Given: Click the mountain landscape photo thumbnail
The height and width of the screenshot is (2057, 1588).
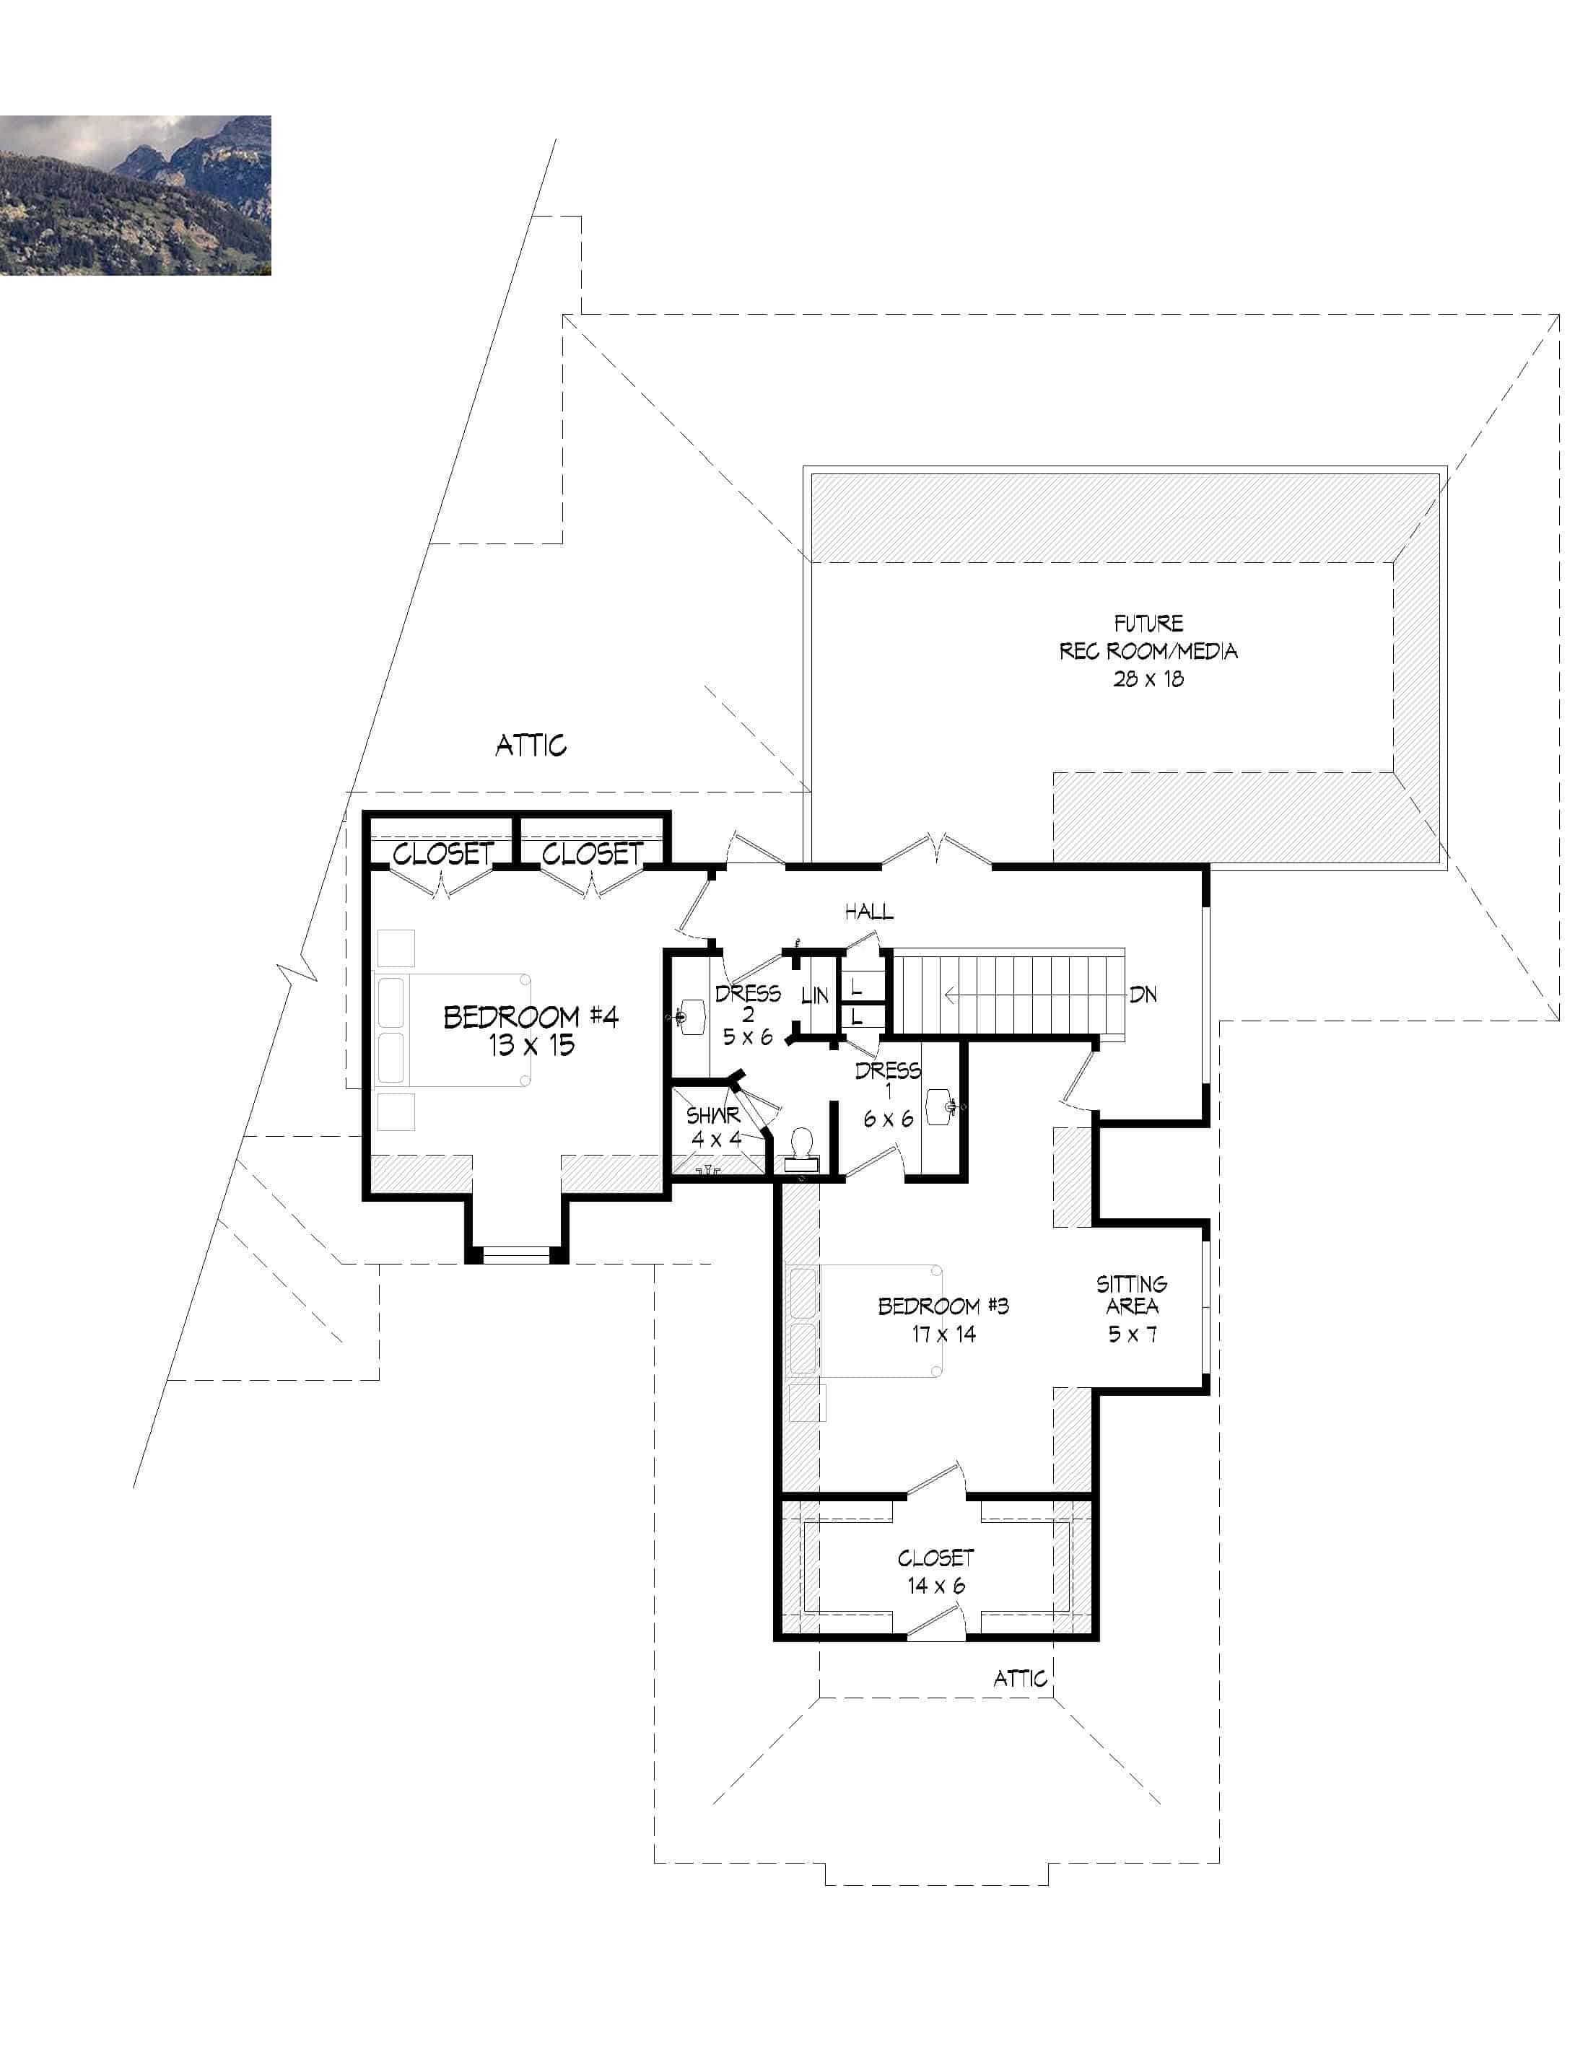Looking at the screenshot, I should pos(135,195).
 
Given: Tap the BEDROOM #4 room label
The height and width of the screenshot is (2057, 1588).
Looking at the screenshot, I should pos(531,1017).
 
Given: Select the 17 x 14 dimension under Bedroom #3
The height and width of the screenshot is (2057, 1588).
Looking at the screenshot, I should pos(943,1334).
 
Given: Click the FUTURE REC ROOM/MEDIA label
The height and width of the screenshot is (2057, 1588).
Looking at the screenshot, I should pos(1147,650).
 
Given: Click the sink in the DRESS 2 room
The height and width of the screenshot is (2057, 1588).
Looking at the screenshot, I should pos(692,1016).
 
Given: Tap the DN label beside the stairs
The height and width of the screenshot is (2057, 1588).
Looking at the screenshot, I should pos(1143,995).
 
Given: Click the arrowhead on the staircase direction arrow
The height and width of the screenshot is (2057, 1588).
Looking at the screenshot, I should pos(949,995).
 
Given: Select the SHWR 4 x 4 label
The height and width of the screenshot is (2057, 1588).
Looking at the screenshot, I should pos(714,1127).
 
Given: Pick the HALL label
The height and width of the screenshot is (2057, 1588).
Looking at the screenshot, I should pos(868,911).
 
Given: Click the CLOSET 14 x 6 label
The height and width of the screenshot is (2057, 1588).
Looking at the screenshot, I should pos(935,1571).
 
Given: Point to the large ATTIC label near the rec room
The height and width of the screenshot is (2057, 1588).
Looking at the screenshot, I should pos(531,746).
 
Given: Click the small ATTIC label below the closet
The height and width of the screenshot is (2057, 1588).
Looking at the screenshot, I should pos(1020,1678).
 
